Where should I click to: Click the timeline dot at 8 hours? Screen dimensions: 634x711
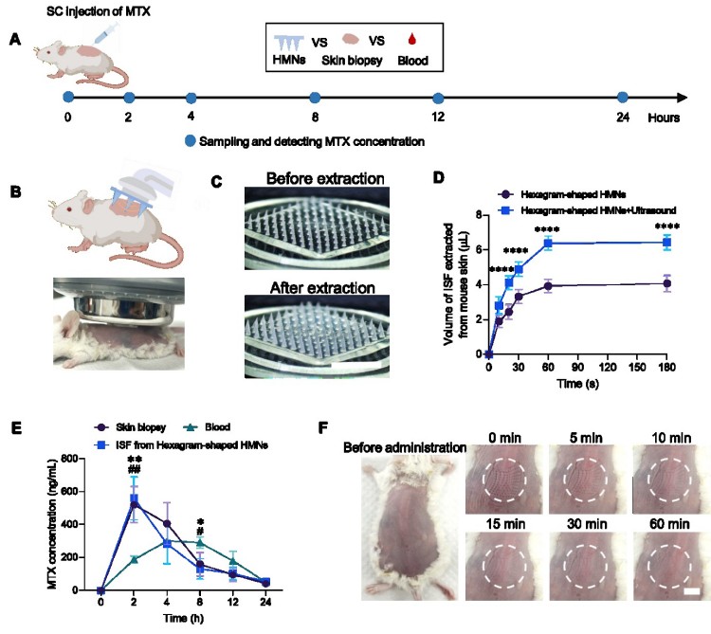[x=315, y=98]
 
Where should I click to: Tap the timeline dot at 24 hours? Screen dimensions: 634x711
[x=623, y=98]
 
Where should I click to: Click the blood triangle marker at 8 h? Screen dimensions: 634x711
[x=201, y=543]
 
